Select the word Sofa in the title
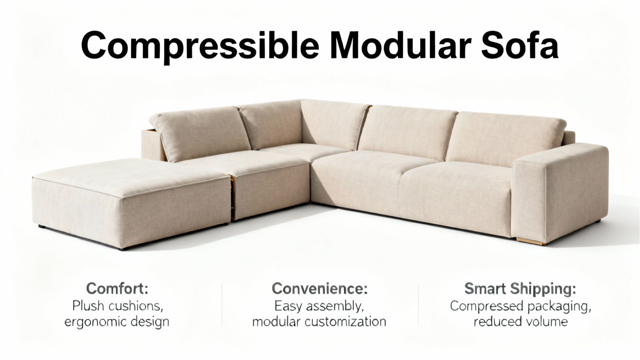click(520, 45)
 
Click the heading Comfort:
click(117, 288)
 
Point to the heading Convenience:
click(320, 288)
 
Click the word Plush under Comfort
click(88, 306)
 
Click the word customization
click(346, 322)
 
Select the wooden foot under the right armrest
click(531, 241)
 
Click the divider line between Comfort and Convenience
click(222, 304)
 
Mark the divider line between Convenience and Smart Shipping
click(418, 304)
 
